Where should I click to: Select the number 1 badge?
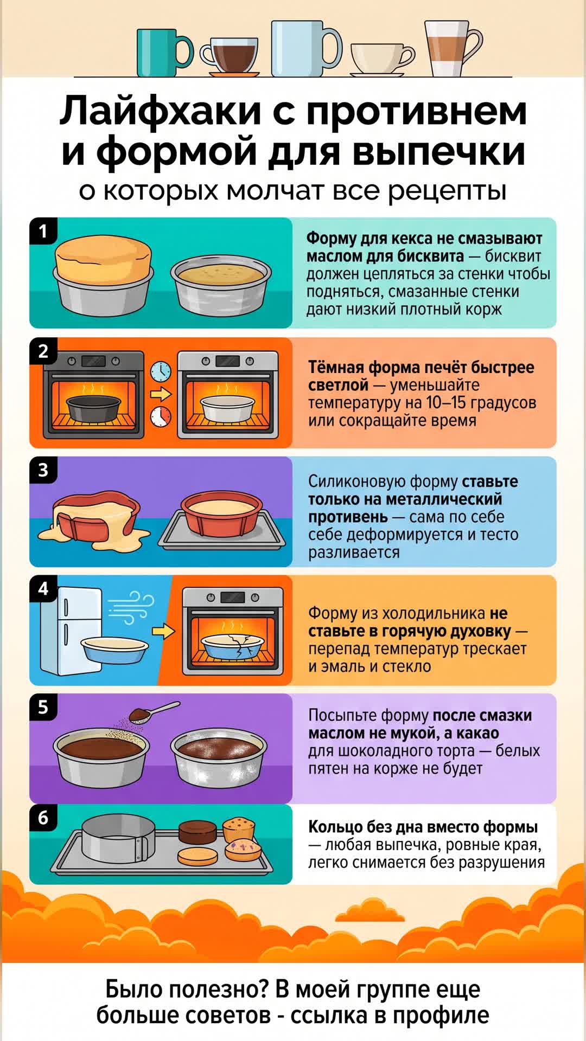coord(43,232)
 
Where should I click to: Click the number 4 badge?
coord(43,589)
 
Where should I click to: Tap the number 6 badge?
coord(43,818)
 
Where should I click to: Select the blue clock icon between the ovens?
coord(161,371)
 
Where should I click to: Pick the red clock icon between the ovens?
coord(161,416)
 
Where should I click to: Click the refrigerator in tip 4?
coord(71,631)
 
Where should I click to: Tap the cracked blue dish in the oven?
coord(233,646)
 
